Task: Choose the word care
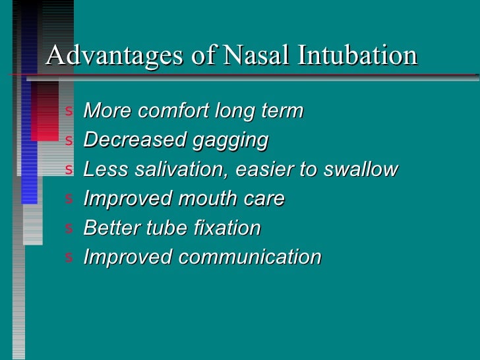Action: (263, 198)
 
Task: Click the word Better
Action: (110, 228)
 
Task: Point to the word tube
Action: (162, 228)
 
